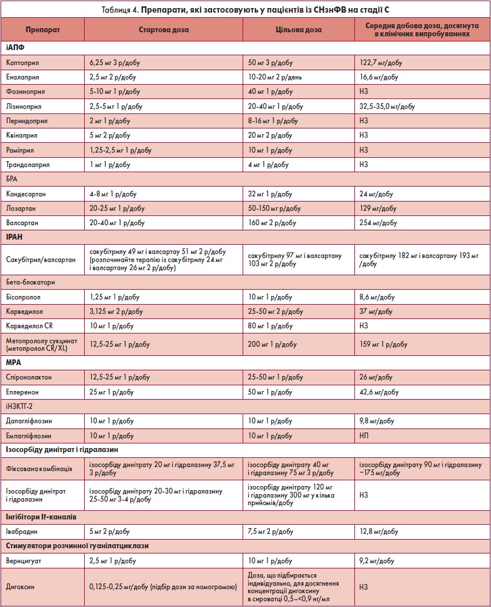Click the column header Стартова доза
163,29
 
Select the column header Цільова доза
298,29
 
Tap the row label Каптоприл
22,62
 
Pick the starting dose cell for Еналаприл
114,77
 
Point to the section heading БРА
13,179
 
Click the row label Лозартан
21,208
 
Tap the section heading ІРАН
15,237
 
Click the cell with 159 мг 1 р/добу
384,344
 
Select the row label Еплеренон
24,392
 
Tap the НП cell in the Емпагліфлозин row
364,436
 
